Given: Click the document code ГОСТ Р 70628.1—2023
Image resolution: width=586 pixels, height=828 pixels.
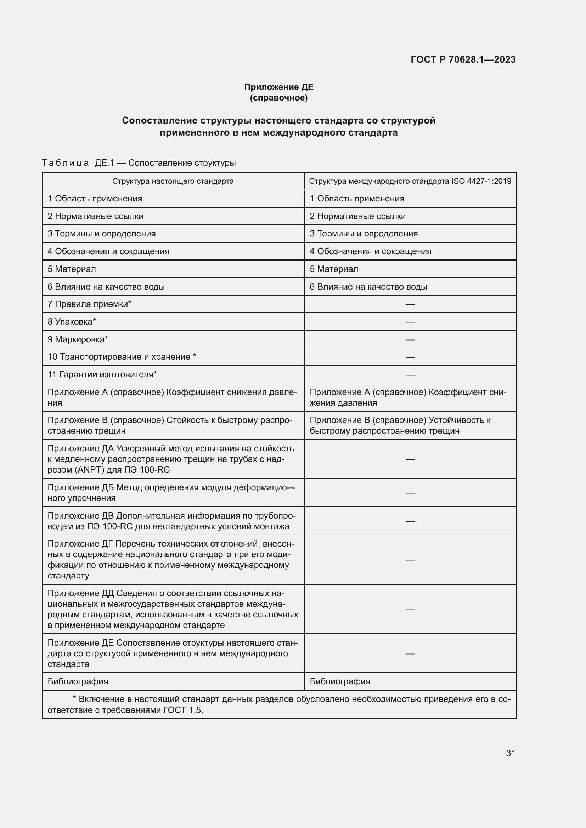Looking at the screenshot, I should pyautogui.click(x=463, y=59).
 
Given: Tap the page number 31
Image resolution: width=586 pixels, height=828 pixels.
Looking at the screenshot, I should pyautogui.click(x=511, y=753).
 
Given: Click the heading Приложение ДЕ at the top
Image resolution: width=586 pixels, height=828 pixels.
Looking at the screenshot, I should pyautogui.click(x=278, y=87).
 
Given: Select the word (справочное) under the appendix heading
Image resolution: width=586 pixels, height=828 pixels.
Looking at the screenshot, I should pyautogui.click(x=278, y=98).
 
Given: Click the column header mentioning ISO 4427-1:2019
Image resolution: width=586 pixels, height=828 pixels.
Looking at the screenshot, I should pyautogui.click(x=410, y=181).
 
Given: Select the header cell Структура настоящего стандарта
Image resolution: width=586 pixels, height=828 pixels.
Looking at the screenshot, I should pyautogui.click(x=173, y=181).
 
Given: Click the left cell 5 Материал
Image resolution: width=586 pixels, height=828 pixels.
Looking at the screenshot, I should pyautogui.click(x=72, y=269).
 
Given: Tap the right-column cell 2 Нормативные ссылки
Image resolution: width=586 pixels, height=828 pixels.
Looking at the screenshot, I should pyautogui.click(x=357, y=216).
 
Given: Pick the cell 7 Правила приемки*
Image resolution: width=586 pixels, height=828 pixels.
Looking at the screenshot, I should pyautogui.click(x=90, y=304).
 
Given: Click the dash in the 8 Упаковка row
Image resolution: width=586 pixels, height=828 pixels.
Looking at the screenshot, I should pyautogui.click(x=410, y=322).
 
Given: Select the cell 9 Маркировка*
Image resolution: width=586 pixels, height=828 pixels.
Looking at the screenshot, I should pyautogui.click(x=78, y=339).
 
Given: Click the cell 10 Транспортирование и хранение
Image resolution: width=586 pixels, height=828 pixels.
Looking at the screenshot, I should pyautogui.click(x=122, y=357).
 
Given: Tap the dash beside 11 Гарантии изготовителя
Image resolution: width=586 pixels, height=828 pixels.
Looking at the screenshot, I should pyautogui.click(x=410, y=375).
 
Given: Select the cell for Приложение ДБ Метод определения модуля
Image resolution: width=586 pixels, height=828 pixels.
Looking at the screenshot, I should pyautogui.click(x=171, y=493).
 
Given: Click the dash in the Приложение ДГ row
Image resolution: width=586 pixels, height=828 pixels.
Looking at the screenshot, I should pyautogui.click(x=410, y=560).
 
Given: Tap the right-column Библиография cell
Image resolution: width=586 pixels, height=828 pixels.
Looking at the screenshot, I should pyautogui.click(x=340, y=681).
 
